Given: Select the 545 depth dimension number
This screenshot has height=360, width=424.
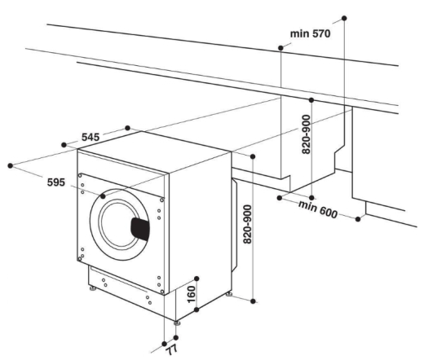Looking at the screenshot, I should tap(90, 137).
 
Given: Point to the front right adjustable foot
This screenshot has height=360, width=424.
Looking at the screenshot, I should tap(175, 323).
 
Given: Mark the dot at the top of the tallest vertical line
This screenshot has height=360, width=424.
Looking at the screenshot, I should tap(344, 17).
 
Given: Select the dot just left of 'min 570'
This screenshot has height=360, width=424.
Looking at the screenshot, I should tap(280, 48).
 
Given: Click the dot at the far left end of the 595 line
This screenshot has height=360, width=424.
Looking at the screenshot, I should tap(11, 165).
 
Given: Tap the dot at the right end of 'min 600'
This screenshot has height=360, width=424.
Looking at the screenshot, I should tap(358, 217).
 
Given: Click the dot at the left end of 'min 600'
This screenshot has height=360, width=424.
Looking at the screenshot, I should tap(280, 197).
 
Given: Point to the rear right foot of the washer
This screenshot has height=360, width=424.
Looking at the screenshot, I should tap(230, 294).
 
